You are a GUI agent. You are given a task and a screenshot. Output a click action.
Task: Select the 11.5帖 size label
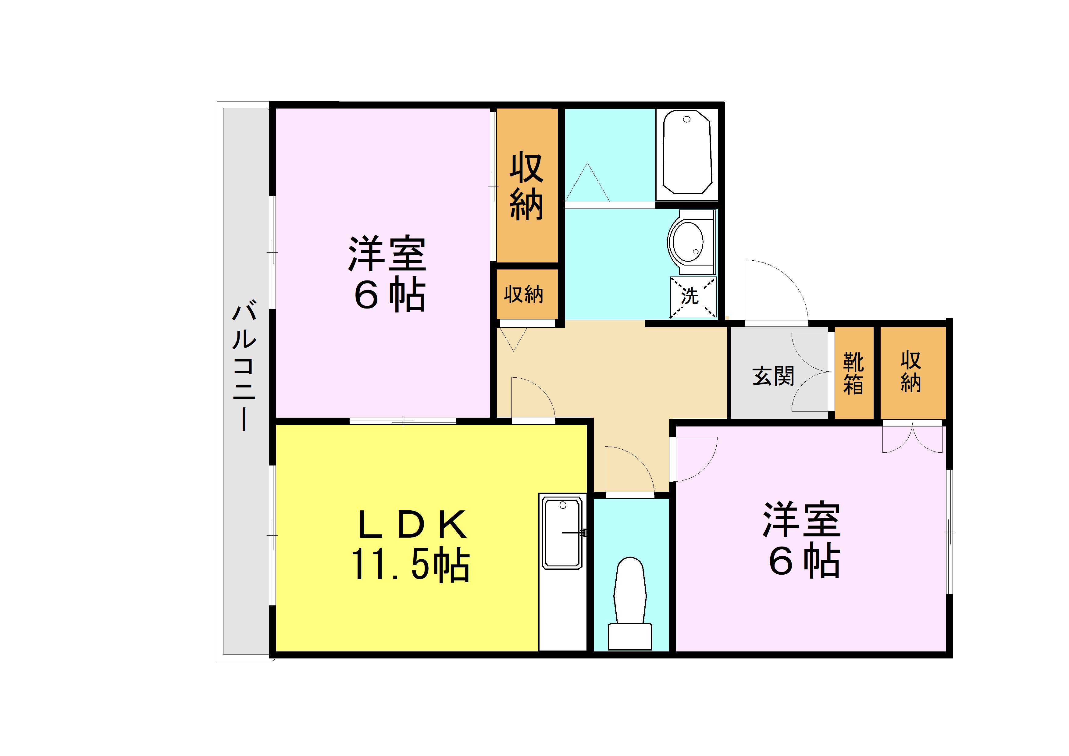(410, 565)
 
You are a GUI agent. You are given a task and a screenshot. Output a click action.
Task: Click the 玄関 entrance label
(773, 376)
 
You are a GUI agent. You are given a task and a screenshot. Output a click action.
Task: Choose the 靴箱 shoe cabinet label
(853, 373)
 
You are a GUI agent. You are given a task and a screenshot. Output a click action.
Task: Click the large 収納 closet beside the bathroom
(527, 187)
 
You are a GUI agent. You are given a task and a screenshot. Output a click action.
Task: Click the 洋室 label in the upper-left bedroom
(387, 255)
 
